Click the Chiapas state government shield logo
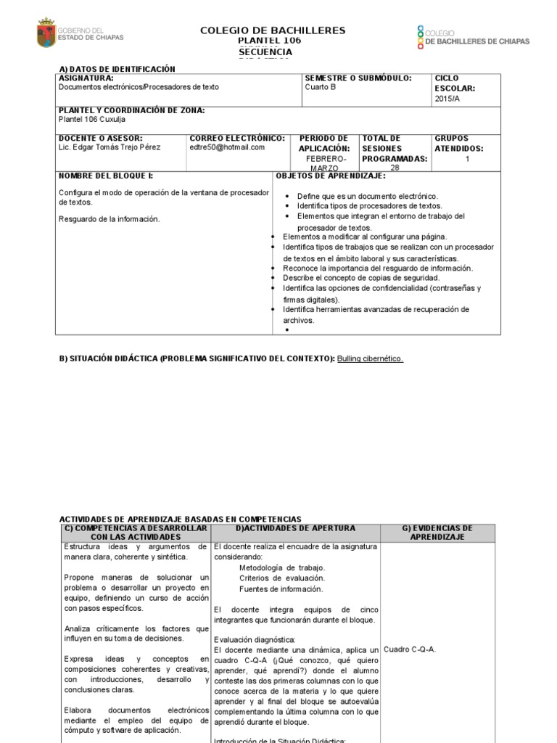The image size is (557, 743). coord(46,33)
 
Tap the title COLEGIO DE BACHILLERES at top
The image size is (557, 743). coord(273,30)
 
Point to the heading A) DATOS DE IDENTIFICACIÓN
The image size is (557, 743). coord(117,69)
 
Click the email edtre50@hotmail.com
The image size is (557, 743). coord(227,147)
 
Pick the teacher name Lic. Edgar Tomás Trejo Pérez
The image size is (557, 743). coord(110,147)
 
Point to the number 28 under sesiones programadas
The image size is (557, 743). coord(395,168)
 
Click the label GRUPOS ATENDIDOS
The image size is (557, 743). coord(458,143)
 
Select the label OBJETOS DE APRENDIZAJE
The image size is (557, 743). coord(331,176)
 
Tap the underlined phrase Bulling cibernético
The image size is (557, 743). coord(370,358)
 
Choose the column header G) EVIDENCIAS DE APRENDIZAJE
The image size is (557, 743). coord(437,533)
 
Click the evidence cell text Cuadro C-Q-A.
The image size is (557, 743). coord(410,649)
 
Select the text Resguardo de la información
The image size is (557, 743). coord(109,219)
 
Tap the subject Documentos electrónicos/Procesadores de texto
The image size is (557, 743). coord(139,87)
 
